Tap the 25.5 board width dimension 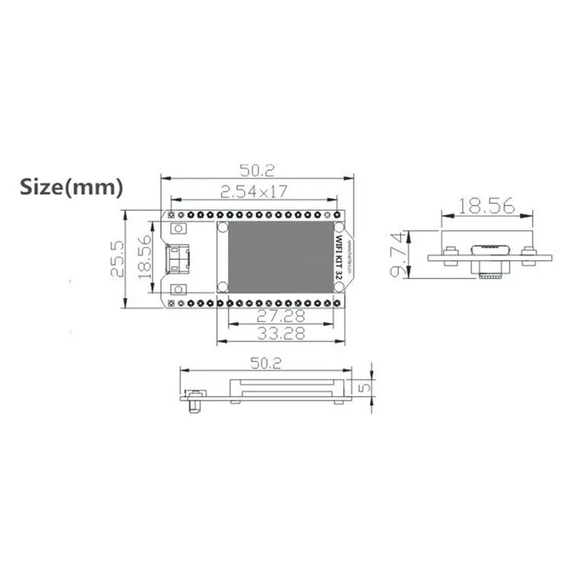(115, 258)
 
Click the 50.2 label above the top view (258, 170)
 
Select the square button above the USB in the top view (177, 228)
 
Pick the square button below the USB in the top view (177, 289)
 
